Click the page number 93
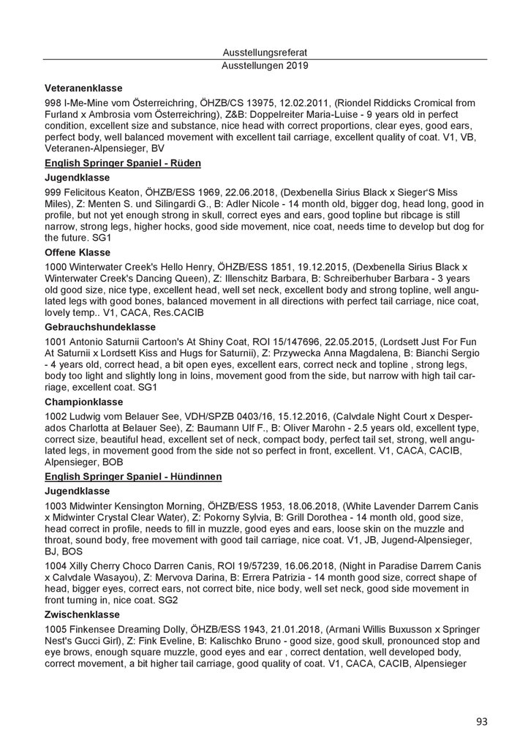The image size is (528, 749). [481, 722]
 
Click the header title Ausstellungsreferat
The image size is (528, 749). [265, 52]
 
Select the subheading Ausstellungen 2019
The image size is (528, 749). [265, 65]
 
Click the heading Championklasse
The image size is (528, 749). [83, 402]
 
